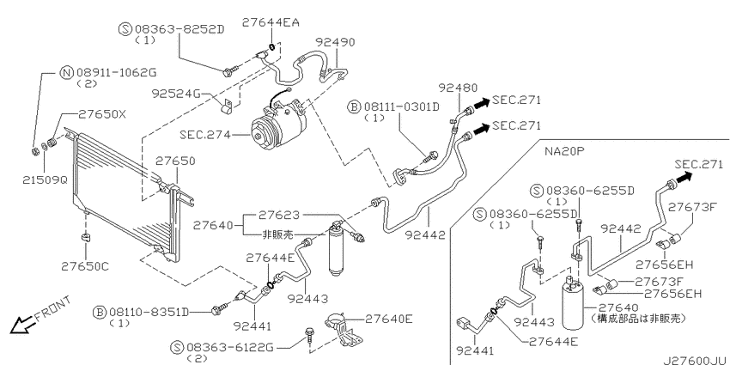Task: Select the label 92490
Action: coord(335,42)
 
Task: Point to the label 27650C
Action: coord(85,266)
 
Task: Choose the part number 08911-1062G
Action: coord(117,73)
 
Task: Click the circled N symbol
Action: coord(67,73)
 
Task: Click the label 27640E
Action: coord(389,319)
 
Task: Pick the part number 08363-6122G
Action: coord(230,347)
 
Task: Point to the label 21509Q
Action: coord(45,179)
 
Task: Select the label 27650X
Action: coord(101,114)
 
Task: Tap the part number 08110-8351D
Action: coord(149,312)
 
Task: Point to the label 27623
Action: coord(279,215)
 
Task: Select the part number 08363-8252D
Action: coord(179,30)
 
